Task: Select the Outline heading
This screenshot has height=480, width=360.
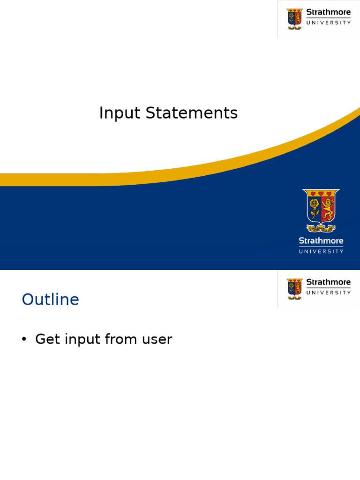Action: pyautogui.click(x=50, y=300)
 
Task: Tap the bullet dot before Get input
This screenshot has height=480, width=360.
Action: pyautogui.click(x=24, y=340)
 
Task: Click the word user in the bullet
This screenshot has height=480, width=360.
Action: pyautogui.click(x=157, y=340)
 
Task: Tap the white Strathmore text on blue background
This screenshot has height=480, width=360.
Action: pyautogui.click(x=321, y=241)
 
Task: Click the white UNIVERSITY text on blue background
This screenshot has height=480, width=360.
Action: pyautogui.click(x=321, y=251)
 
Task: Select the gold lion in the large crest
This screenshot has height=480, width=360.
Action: pyautogui.click(x=328, y=210)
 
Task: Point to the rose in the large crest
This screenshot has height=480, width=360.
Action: pyautogui.click(x=314, y=207)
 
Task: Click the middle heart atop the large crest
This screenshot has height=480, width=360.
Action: pyautogui.click(x=321, y=193)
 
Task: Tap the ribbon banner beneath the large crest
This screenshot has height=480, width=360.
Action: pyautogui.click(x=321, y=229)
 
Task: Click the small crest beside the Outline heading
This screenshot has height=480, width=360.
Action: pyautogui.click(x=295, y=289)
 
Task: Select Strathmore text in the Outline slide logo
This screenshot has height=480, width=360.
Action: pyautogui.click(x=328, y=282)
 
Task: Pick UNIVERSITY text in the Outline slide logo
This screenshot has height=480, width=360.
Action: pyautogui.click(x=328, y=292)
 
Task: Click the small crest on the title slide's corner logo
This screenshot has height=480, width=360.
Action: pyautogui.click(x=295, y=19)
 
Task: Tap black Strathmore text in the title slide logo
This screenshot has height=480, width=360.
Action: pyautogui.click(x=328, y=12)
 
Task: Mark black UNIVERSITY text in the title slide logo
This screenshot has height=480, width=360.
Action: pyautogui.click(x=328, y=22)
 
